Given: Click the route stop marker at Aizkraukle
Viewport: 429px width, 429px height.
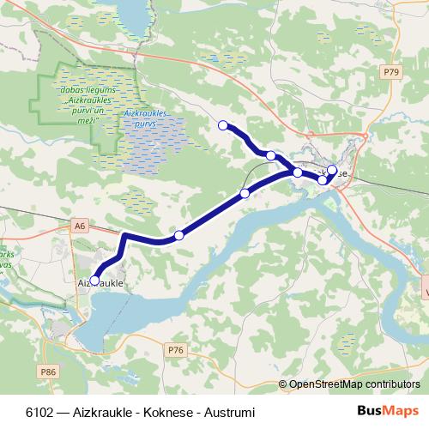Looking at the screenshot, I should pyautogui.click(x=95, y=279).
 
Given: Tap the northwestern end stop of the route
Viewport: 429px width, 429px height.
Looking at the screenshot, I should pyautogui.click(x=223, y=125).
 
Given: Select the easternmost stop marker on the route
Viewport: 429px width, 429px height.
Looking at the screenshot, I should pyautogui.click(x=332, y=170).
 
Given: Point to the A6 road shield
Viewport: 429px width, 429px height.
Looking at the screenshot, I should pyautogui.click(x=81, y=225).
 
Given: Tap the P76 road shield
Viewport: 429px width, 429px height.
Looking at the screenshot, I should pyautogui.click(x=176, y=349).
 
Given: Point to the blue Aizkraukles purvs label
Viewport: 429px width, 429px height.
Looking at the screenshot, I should pyautogui.click(x=145, y=118).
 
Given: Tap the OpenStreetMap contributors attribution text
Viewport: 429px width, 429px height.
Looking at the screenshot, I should pyautogui.click(x=354, y=384).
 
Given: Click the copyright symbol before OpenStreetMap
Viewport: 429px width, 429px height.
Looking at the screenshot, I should pyautogui.click(x=283, y=384).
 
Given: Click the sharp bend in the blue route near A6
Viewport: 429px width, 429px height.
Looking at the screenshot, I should pyautogui.click(x=125, y=235).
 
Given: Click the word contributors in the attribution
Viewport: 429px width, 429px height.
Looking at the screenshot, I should pyautogui.click(x=392, y=384).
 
